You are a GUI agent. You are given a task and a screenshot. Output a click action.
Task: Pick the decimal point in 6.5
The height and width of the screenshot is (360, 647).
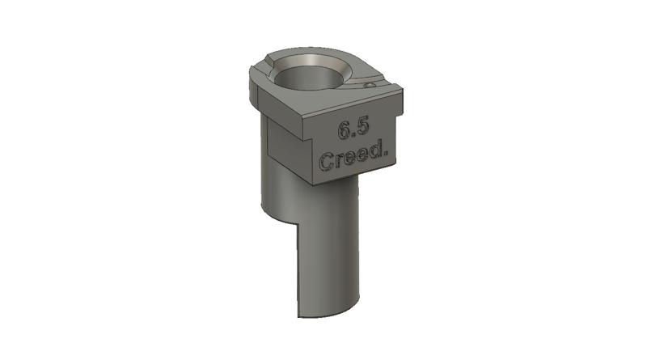coord(353,133)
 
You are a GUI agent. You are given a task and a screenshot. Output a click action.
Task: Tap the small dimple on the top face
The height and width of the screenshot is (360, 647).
coord(369,83)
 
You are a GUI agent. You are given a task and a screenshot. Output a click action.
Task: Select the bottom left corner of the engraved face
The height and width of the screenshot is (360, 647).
coord(312,182)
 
